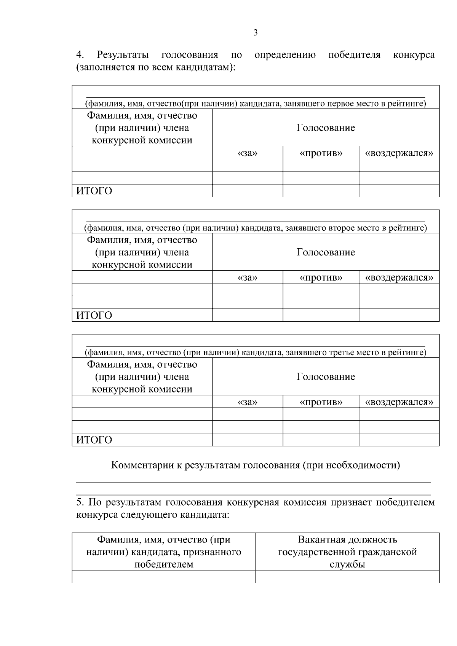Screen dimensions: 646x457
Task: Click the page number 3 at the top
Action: [x=255, y=33]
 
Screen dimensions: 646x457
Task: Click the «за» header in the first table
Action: [x=248, y=153]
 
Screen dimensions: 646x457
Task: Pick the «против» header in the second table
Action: [x=321, y=278]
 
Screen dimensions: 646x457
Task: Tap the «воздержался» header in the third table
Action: [x=399, y=402]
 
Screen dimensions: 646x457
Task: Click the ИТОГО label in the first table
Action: [x=94, y=191]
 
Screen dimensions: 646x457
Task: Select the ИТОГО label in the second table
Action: [x=94, y=316]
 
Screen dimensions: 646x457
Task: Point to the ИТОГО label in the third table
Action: [x=94, y=440]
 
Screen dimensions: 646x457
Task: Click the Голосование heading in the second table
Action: [x=326, y=252]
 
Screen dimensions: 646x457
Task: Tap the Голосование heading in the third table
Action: [x=326, y=377]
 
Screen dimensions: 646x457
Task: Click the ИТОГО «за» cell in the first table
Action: [x=248, y=191]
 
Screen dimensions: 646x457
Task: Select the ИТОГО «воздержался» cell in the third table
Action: [x=399, y=440]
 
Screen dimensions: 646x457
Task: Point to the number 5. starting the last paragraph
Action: [x=80, y=502]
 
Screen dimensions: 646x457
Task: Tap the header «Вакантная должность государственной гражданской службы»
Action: [x=347, y=552]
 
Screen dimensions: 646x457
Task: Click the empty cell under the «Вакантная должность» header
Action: [x=347, y=577]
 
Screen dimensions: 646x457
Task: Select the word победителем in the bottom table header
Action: [x=164, y=564]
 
